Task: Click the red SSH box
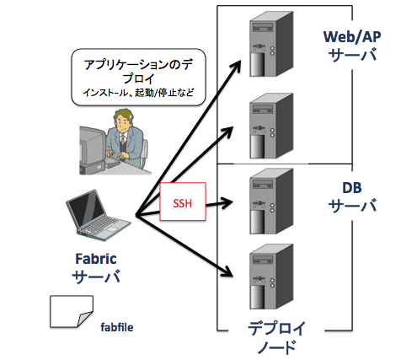(183, 201)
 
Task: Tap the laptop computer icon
(99, 216)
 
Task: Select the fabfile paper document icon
(72, 311)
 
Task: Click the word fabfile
(117, 327)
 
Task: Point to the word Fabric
(96, 259)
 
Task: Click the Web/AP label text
(352, 37)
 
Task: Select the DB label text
(352, 188)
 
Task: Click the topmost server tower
(271, 44)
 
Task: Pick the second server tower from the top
(271, 126)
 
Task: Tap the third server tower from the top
(271, 201)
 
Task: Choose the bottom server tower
(271, 277)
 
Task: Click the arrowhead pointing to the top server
(236, 67)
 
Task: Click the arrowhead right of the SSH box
(227, 202)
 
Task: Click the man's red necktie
(123, 140)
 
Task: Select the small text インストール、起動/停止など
(138, 93)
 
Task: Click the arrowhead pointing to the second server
(227, 132)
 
